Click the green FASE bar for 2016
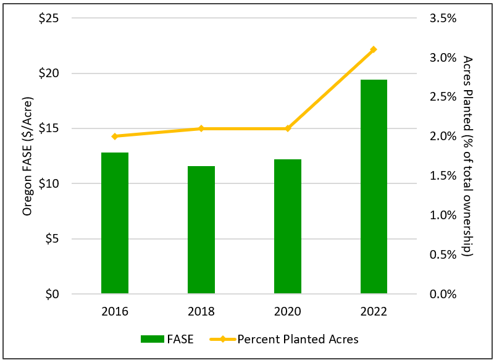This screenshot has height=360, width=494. click(115, 222)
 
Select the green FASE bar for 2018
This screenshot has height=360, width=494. click(201, 230)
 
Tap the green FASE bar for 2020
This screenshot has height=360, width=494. click(288, 226)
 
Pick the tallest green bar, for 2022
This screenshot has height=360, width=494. click(374, 186)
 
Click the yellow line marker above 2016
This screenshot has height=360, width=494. click(115, 136)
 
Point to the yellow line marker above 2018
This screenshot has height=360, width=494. click(201, 128)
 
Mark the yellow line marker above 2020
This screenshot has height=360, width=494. click(288, 128)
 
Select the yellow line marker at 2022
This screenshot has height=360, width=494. click(374, 49)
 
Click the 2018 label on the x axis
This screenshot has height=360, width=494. click(201, 312)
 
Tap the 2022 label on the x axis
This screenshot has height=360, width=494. click(374, 312)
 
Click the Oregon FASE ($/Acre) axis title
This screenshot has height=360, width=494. click(27, 156)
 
